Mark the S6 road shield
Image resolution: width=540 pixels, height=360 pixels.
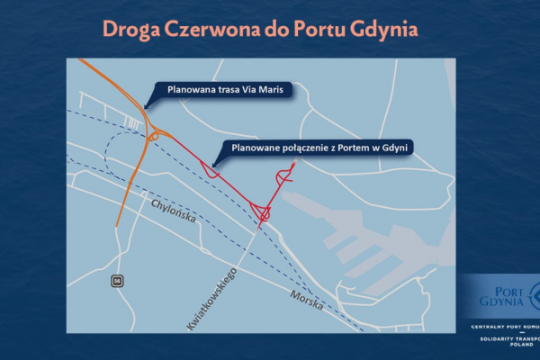[x=117, y=283]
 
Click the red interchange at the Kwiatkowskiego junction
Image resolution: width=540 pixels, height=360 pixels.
[x=263, y=212]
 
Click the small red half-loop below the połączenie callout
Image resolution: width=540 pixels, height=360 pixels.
[x=211, y=169]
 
